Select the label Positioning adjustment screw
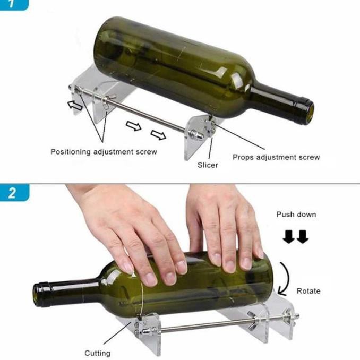[104, 152]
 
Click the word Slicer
[208, 165]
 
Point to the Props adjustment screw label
[276, 157]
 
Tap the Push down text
[296, 215]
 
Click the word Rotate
[308, 291]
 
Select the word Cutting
[98, 353]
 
